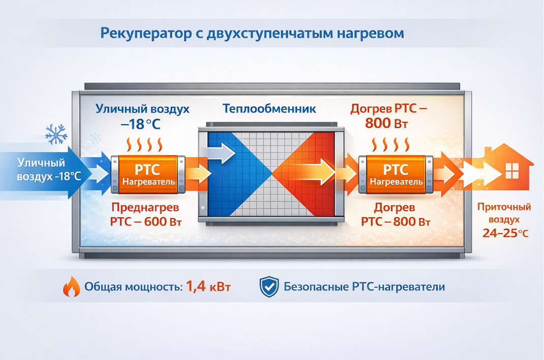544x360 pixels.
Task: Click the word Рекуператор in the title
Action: (146, 34)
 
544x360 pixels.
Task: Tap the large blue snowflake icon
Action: (56, 134)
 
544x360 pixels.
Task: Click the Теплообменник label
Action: (269, 108)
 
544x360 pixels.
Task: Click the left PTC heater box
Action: (148, 174)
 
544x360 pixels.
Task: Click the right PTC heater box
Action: (396, 174)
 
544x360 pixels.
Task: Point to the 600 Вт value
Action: (163, 222)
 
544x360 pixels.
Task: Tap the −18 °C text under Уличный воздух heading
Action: (140, 124)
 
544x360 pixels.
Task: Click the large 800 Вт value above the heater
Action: (386, 123)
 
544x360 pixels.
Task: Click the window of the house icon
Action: (512, 171)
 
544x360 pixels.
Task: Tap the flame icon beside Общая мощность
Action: (72, 286)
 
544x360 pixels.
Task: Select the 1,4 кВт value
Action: (208, 286)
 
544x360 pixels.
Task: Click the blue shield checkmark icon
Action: (269, 287)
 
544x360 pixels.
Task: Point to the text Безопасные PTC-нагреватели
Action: (365, 287)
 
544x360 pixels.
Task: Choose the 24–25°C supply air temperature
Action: (505, 233)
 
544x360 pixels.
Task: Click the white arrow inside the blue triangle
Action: (221, 153)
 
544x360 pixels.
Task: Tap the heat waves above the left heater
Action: (144, 144)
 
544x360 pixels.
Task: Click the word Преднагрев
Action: (145, 207)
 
